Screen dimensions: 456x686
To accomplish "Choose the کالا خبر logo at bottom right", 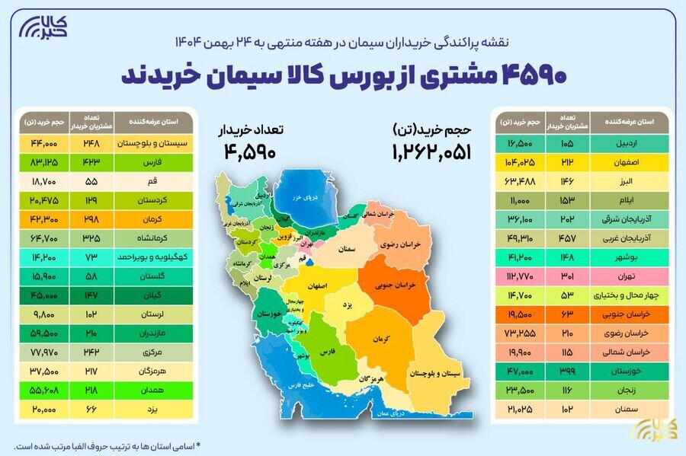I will (649, 430).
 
